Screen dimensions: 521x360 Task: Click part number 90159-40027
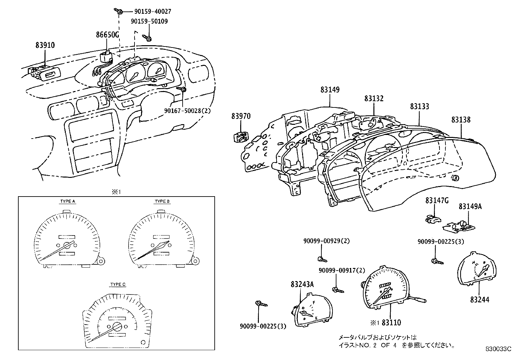click(153, 11)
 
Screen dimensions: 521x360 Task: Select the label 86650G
click(107, 35)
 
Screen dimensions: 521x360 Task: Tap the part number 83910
click(45, 45)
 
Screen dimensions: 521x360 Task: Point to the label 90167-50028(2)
click(187, 110)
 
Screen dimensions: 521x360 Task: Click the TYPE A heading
click(68, 201)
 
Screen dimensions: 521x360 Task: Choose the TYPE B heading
click(162, 201)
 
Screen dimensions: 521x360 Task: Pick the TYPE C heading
click(118, 284)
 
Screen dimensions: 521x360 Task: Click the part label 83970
click(241, 116)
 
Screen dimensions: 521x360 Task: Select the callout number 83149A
click(470, 206)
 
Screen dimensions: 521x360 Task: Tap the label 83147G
click(437, 200)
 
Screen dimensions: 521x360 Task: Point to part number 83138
click(461, 120)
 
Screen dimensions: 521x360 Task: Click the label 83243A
click(302, 284)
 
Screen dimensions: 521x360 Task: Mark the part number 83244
click(479, 299)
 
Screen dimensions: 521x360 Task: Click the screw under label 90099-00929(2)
click(322, 259)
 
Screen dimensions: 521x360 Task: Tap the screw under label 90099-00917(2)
click(338, 290)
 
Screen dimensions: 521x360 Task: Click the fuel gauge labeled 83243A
click(312, 310)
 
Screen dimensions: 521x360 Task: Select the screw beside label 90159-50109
click(147, 38)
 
